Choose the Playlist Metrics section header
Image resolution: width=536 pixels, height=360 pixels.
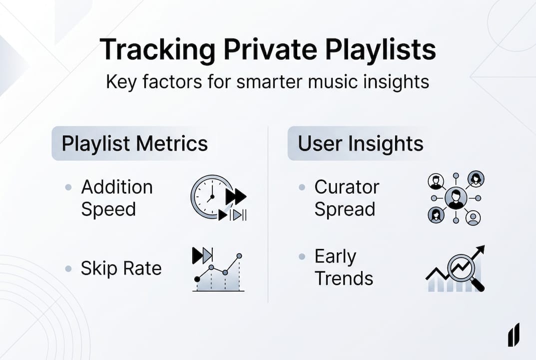point(134,144)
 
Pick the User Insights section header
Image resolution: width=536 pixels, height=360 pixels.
point(361,144)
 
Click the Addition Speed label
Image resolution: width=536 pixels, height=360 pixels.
point(117,198)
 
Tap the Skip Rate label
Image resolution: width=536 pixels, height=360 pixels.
point(121,268)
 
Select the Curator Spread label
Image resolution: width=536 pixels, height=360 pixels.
point(347,198)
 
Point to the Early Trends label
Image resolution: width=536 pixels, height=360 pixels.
point(344,267)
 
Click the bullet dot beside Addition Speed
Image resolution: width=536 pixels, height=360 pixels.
point(68,188)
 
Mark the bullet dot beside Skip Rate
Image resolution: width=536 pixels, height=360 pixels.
point(68,269)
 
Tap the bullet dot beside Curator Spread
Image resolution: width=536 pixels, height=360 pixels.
point(302,188)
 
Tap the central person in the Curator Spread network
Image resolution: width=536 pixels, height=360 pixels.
point(455,198)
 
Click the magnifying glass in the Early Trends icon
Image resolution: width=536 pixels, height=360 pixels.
point(462,270)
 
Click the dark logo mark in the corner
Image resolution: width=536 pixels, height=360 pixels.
point(514,334)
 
